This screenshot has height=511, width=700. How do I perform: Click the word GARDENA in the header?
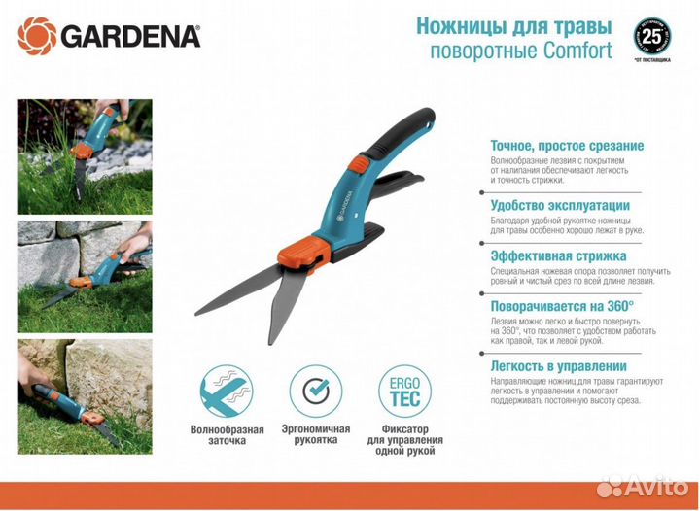[130, 37]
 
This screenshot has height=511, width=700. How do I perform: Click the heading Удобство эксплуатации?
[560, 205]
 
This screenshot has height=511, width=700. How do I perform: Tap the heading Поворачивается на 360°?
[562, 305]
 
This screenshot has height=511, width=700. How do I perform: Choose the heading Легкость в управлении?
[558, 365]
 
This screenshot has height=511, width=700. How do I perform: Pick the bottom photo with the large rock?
[85, 393]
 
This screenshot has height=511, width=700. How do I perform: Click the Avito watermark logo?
[644, 486]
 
